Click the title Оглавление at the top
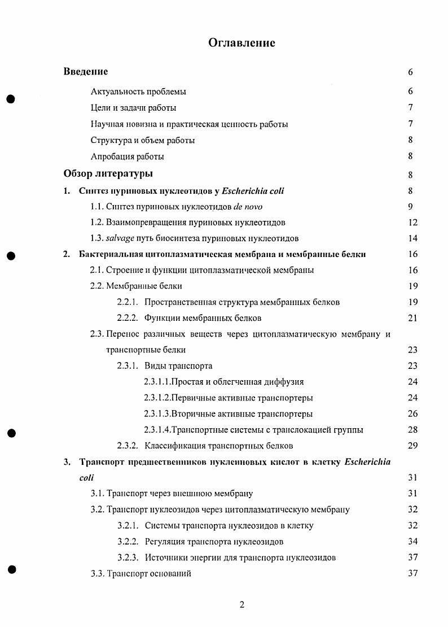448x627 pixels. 242,42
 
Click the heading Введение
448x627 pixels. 85,72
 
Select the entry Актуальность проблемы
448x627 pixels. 138,92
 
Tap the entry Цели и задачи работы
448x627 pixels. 133,108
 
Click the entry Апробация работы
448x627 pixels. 127,156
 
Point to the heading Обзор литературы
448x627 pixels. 108,173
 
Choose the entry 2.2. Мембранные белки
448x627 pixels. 136,286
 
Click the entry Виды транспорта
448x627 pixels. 178,366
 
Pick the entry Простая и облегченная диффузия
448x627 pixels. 223,382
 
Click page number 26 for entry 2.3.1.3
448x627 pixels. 412,414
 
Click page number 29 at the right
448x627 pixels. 412,446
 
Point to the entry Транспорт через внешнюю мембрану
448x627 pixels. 172,494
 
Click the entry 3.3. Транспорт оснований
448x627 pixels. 140,574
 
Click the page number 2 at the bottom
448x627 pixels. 242,606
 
